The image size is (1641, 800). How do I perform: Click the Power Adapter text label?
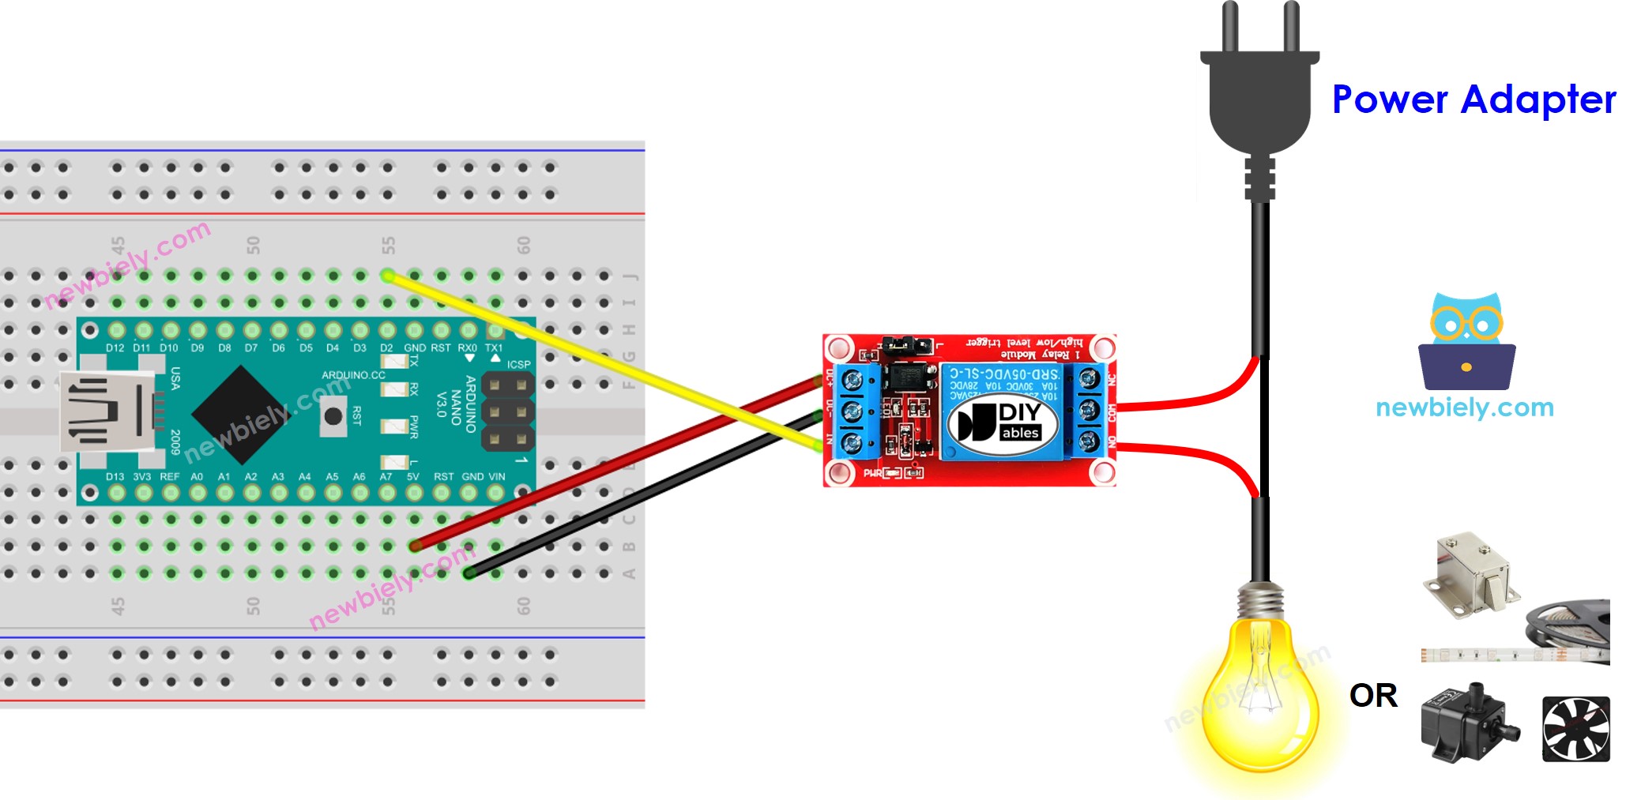click(1474, 100)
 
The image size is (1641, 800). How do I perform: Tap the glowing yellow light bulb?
click(1260, 695)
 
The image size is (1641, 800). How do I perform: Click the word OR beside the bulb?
click(1373, 696)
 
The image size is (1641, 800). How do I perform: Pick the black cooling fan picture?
click(1575, 729)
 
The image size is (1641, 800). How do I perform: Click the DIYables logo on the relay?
click(1000, 422)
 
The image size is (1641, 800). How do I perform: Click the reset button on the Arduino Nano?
click(333, 415)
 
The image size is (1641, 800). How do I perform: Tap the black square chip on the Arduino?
click(240, 413)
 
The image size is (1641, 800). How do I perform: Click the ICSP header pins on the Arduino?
click(507, 411)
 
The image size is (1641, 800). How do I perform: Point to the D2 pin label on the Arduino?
click(386, 347)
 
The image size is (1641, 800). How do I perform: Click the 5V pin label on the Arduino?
click(413, 477)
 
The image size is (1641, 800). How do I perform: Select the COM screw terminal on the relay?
click(1089, 411)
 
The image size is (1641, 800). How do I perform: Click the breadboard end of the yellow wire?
click(388, 275)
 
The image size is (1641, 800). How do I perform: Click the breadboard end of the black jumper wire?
click(469, 573)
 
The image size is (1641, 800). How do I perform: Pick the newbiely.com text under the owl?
click(1464, 408)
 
